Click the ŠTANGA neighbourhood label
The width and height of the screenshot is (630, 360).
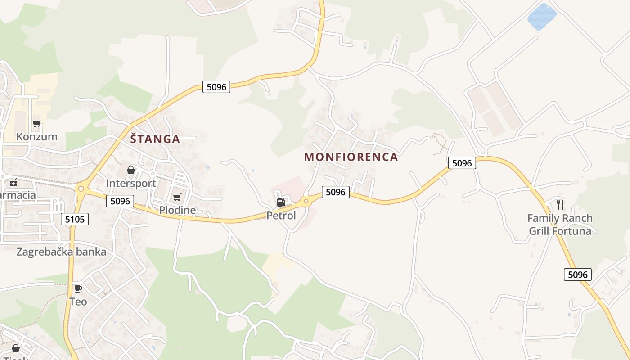pos(155,139)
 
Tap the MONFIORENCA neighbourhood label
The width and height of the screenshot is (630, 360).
pos(351,157)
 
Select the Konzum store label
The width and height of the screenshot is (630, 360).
pos(37,137)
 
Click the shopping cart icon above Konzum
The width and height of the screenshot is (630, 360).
pos(37,123)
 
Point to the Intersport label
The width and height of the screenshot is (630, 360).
pos(131,183)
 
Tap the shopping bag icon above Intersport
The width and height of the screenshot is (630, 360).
pos(131,170)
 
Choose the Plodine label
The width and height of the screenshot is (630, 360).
pos(177,210)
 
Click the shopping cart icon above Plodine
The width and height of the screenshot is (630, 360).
pos(177,197)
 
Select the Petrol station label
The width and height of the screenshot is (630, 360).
pos(281,216)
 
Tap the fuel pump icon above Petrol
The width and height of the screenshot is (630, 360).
pos(281,202)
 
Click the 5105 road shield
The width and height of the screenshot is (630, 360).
pos(75,219)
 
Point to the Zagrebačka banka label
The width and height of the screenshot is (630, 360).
pos(61,252)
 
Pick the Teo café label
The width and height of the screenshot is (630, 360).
pos(78,301)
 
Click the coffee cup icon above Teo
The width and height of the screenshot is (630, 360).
pos(78,288)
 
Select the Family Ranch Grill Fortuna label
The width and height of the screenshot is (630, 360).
pos(560,225)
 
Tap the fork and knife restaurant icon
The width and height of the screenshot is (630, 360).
pos(560,205)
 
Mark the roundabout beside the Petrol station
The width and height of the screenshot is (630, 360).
pos(306,201)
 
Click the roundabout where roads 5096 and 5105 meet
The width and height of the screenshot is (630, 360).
pos(81,189)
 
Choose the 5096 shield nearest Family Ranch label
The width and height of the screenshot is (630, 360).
pos(578,274)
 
